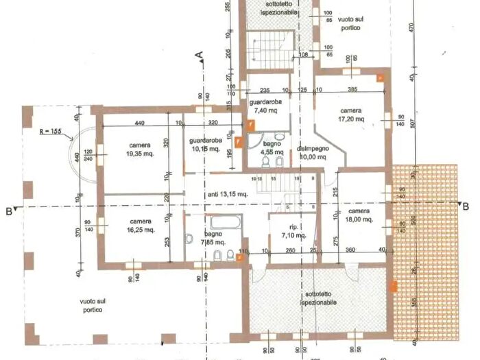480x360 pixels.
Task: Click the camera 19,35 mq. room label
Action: click(x=140, y=150)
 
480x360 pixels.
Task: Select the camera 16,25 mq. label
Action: click(x=141, y=226)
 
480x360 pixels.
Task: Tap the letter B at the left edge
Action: click(x=8, y=211)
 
